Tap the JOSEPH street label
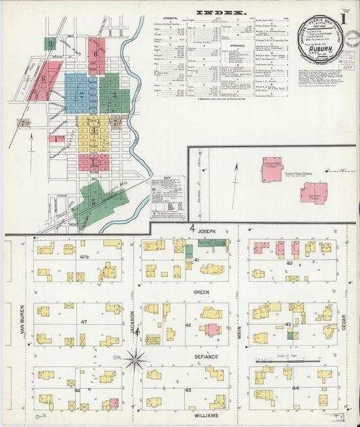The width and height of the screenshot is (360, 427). (207, 232)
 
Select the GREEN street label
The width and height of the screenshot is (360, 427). (202, 292)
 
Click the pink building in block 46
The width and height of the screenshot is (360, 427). (114, 403)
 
